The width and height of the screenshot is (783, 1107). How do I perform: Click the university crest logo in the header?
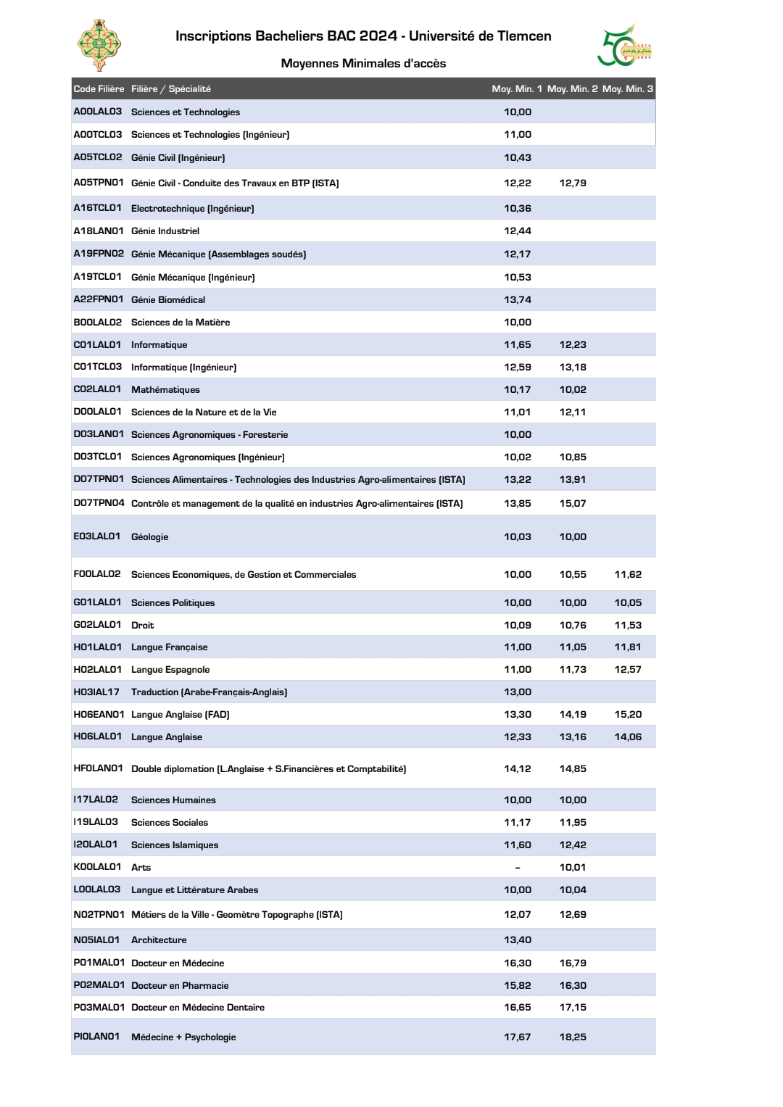[x=99, y=45]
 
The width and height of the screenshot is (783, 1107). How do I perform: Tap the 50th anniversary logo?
[x=624, y=46]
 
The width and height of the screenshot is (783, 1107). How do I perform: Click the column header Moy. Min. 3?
[x=627, y=89]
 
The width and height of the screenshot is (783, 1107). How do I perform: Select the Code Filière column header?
[x=99, y=89]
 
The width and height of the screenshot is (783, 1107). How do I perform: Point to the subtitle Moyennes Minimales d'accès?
[x=363, y=64]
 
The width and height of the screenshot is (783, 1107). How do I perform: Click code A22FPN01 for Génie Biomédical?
[x=99, y=299]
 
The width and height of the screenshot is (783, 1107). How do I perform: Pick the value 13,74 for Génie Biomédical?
[x=518, y=300]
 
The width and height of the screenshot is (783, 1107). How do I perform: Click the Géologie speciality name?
[x=149, y=537]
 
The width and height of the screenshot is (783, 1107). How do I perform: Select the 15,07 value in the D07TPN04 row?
[x=573, y=504]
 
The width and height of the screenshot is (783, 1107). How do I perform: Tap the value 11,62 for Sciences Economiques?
[x=628, y=575]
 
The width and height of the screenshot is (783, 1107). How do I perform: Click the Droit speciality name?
[x=142, y=626]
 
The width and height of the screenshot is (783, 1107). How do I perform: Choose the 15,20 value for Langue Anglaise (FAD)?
[x=628, y=715]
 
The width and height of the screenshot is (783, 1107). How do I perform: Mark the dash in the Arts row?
[x=518, y=868]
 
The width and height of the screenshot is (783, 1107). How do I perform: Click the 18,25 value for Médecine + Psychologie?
[x=573, y=1037]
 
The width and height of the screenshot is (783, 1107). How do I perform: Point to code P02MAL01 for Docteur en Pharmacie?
[x=99, y=985]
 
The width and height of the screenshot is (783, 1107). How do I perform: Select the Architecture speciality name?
[x=159, y=940]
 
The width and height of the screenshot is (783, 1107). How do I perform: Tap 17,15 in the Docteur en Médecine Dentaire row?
[x=573, y=1008]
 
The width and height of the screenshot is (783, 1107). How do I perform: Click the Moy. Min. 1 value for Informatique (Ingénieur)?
[x=518, y=368]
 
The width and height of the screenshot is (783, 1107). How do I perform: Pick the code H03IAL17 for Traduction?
[x=96, y=692]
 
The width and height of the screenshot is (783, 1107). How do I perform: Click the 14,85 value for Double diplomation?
[x=573, y=769]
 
